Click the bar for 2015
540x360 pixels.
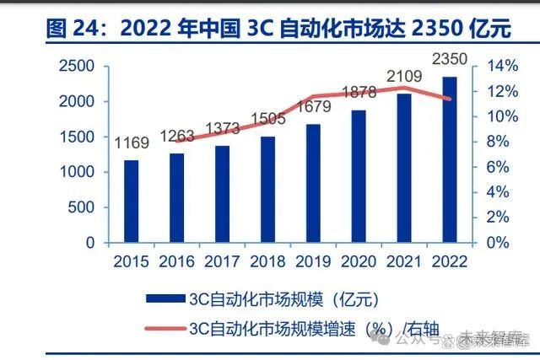coord(132,201)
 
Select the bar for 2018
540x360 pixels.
coord(267,189)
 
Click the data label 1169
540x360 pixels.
coord(132,143)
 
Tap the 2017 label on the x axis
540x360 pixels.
coord(222,261)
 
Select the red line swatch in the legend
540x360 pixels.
coord(165,328)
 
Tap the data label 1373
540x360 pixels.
coord(222,127)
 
